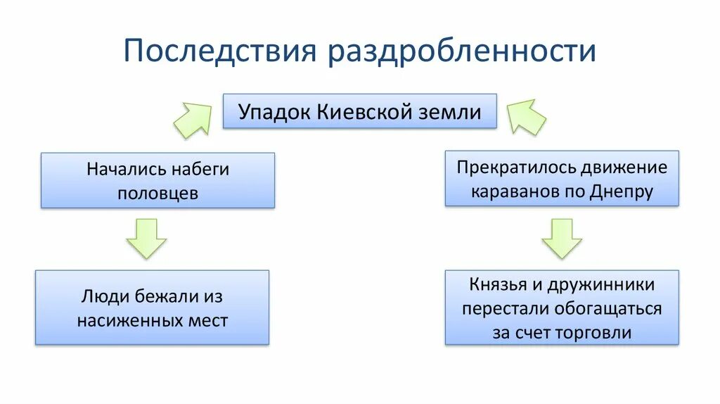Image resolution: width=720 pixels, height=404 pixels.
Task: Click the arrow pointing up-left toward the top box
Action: (526, 116)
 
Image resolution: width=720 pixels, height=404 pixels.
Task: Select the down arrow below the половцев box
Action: (146, 238)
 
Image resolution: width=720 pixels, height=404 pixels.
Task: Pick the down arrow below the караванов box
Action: (562, 238)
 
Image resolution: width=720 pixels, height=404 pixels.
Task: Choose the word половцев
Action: (157, 194)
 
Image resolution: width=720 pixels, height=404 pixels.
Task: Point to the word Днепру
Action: (622, 191)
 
